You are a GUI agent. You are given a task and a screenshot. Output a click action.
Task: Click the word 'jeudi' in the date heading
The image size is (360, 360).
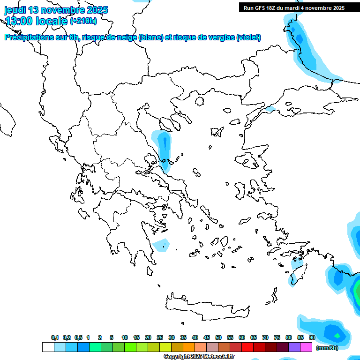[x=15, y=10]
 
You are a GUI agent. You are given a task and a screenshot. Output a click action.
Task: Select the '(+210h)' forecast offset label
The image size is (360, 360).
[x=83, y=21]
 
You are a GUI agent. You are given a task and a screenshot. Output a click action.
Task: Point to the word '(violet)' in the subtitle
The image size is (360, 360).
[x=248, y=37]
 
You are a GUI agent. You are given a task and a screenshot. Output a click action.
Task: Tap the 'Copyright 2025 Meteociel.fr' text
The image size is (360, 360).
[x=199, y=357]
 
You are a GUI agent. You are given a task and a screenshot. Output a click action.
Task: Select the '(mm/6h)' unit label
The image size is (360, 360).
[x=327, y=348]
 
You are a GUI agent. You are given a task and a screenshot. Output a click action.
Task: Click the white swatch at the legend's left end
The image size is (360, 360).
[x=48, y=347]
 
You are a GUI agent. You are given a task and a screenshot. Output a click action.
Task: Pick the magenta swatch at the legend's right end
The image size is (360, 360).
[x=306, y=347]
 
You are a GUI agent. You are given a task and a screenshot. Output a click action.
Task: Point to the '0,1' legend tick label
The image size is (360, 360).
[x=55, y=337]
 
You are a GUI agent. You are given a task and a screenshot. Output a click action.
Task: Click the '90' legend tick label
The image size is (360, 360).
[x=312, y=337]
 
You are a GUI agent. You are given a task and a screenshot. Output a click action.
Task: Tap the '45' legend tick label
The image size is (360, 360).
[x=207, y=337]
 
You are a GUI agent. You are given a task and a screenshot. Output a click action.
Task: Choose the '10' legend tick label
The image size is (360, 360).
[x=125, y=337]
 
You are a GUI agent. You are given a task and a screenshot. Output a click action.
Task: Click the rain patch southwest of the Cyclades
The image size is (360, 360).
[x=161, y=244]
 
